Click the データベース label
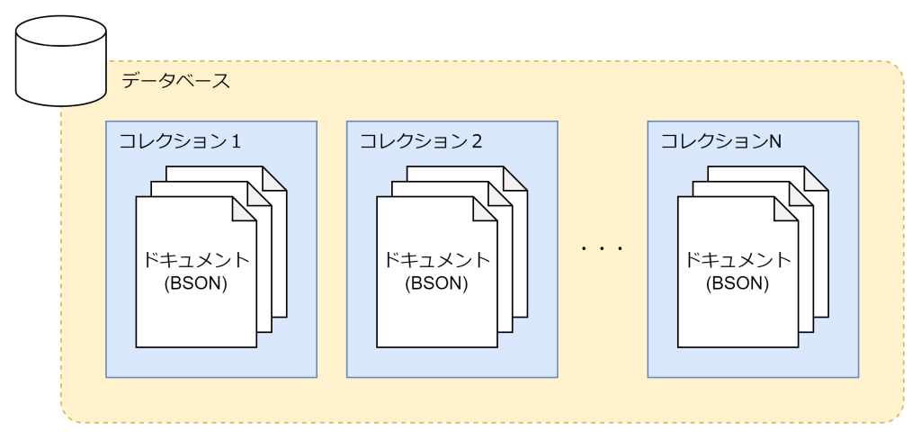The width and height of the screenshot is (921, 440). click(175, 81)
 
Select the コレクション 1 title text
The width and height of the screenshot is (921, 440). click(179, 141)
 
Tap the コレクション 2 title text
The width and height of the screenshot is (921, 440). click(421, 141)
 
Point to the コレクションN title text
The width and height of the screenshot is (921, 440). click(720, 141)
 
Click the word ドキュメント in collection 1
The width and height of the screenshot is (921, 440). click(195, 261)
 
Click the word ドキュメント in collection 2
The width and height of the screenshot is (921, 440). click(436, 261)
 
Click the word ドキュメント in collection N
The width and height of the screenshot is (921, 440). click(738, 261)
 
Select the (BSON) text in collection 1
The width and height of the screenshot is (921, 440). click(195, 283)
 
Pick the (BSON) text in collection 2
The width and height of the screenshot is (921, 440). click(436, 283)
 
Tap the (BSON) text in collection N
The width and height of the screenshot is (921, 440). click(738, 283)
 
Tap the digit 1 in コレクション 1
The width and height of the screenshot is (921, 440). click(236, 141)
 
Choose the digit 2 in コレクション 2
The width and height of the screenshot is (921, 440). click(477, 141)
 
